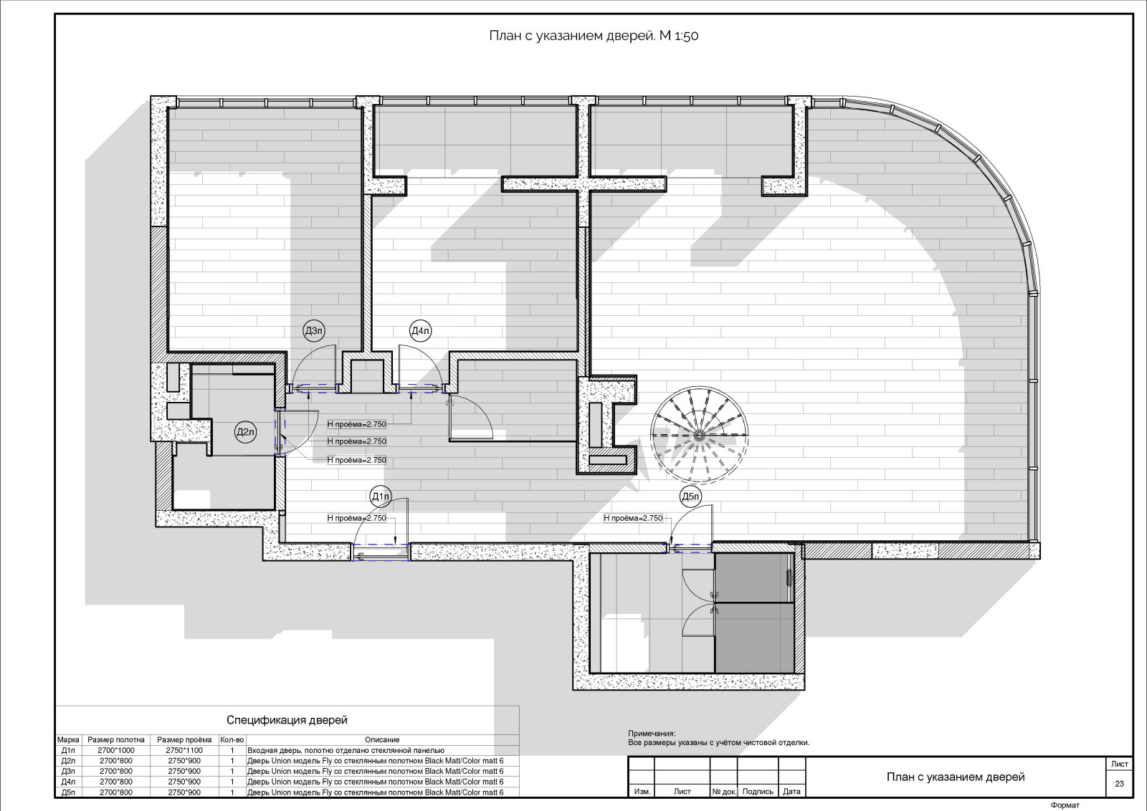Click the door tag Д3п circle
tap(314, 331)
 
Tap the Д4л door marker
tap(420, 331)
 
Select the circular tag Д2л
tap(245, 432)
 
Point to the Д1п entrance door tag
tap(381, 496)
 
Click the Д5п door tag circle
tap(691, 496)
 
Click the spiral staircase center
tap(699, 436)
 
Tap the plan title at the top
tap(594, 36)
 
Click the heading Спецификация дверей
tap(287, 720)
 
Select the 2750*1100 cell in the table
tap(184, 750)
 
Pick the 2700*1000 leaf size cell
tap(115, 750)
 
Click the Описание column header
tap(382, 739)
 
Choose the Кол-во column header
tap(232, 739)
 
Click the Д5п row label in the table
tap(68, 792)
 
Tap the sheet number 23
tap(1119, 783)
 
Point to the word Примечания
tap(652, 734)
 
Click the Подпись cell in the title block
tap(757, 791)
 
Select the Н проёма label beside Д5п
tap(633, 518)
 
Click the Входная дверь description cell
tap(346, 750)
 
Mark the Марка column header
tap(68, 739)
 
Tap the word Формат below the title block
tap(1065, 805)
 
